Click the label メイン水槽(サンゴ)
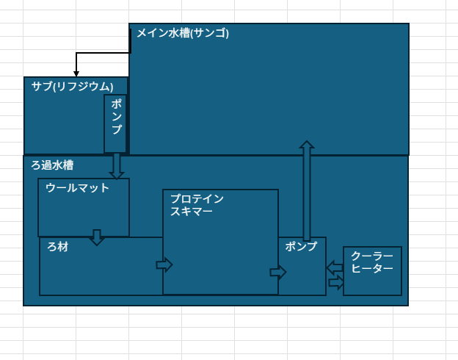pyautogui.click(x=183, y=33)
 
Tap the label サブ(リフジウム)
pyautogui.click(x=73, y=86)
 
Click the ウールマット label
pyautogui.click(x=77, y=188)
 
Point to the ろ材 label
pyautogui.click(x=58, y=247)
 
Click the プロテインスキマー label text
pyautogui.click(x=197, y=205)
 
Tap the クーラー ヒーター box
pyautogui.click(x=372, y=270)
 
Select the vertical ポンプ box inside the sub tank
pyautogui.click(x=115, y=123)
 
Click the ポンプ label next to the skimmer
pyautogui.click(x=301, y=246)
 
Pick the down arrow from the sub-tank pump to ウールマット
pyautogui.click(x=116, y=166)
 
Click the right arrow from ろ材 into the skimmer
pyautogui.click(x=164, y=264)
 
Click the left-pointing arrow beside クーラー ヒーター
pyautogui.click(x=335, y=267)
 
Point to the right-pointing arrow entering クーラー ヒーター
pyautogui.click(x=336, y=282)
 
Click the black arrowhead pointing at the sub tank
pyautogui.click(x=76, y=73)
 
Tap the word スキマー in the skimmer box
pyautogui.click(x=192, y=212)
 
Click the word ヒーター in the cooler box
pyautogui.click(x=372, y=268)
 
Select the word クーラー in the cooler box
pyautogui.click(x=372, y=256)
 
